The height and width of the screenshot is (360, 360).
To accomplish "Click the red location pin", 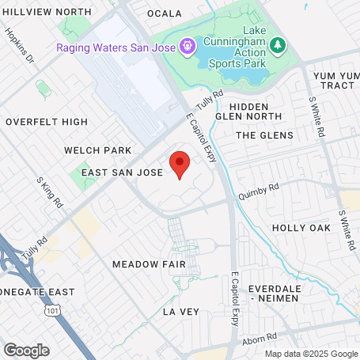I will (180, 165).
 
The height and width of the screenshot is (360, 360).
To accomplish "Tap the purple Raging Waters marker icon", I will (186, 46).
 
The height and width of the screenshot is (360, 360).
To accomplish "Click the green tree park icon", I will (277, 46).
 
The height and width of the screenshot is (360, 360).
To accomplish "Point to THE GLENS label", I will (264, 135).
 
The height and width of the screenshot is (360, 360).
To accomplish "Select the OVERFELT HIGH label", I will (47, 122).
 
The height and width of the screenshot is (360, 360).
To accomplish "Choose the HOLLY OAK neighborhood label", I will (301, 228).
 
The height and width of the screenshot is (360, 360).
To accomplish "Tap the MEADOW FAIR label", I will (149, 263).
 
